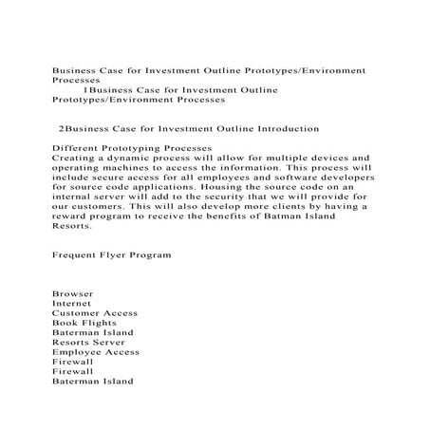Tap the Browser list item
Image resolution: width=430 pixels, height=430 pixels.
pyautogui.click(x=72, y=293)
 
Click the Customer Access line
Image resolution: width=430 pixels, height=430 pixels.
pyautogui.click(x=95, y=312)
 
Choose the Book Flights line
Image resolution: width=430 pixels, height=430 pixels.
pyautogui.click(x=84, y=323)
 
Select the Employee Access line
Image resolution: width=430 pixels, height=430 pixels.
pyautogui.click(x=96, y=352)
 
